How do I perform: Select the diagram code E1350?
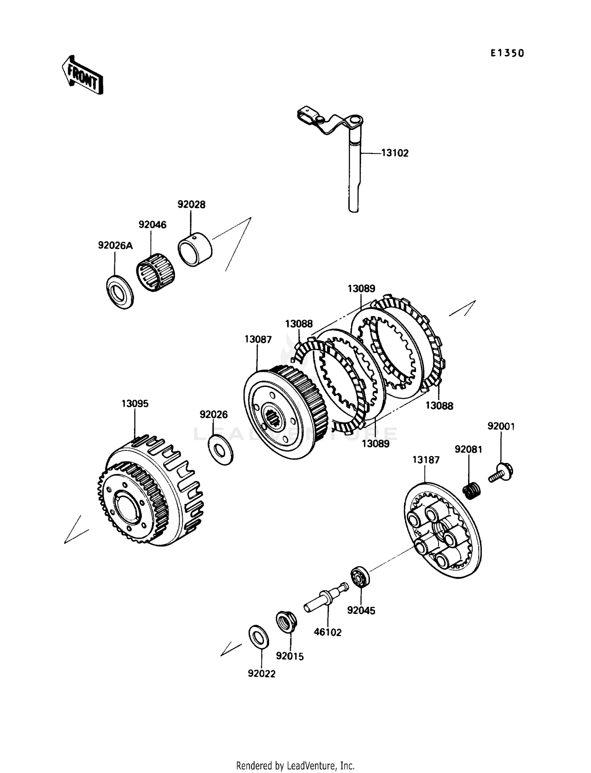(x=507, y=53)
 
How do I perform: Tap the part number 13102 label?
(x=395, y=153)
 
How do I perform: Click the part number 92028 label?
(x=191, y=204)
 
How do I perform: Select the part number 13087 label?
(x=258, y=339)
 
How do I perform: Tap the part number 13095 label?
(x=135, y=404)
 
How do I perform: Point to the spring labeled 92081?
(x=471, y=491)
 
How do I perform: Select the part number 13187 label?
(x=426, y=460)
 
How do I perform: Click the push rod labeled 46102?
(x=326, y=597)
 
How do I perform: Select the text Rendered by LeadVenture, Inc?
(x=295, y=766)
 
